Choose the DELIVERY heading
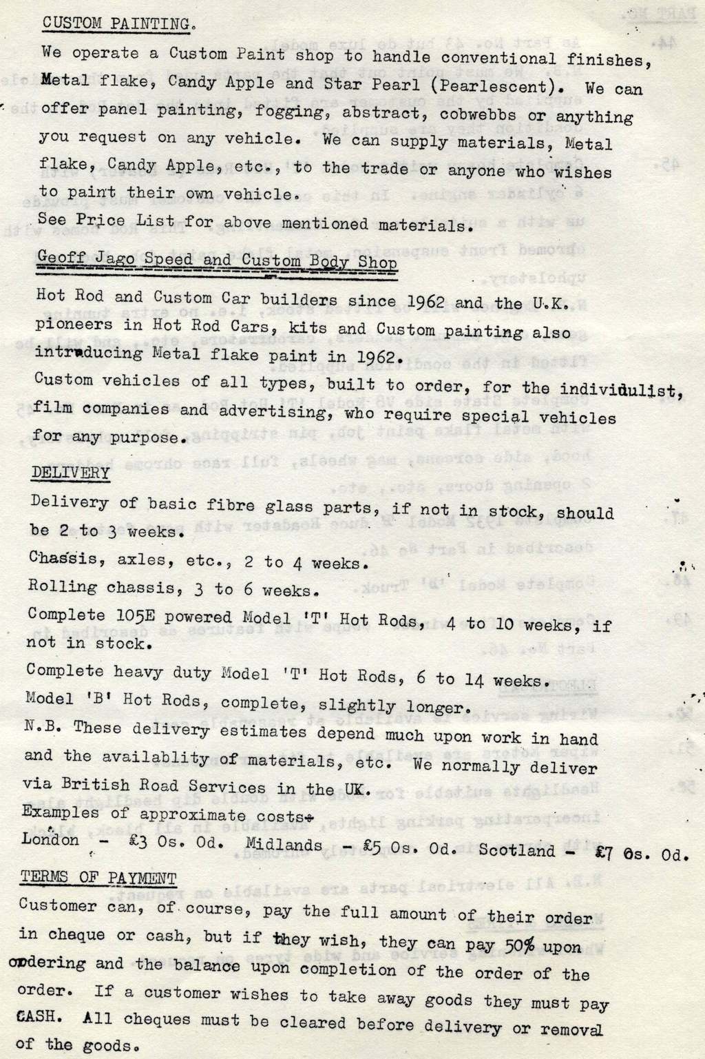click(x=70, y=473)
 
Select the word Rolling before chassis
click(x=62, y=586)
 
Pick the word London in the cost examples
click(x=50, y=841)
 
